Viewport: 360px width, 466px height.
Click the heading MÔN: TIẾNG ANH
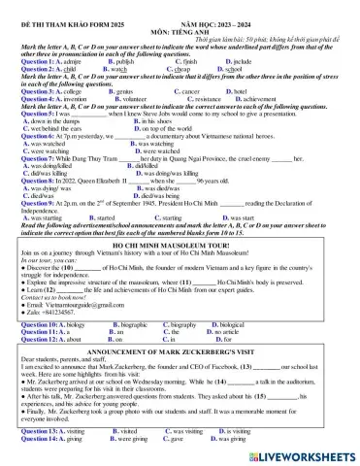[x=180, y=17]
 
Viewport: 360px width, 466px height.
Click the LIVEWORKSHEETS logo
[x=307, y=453]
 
